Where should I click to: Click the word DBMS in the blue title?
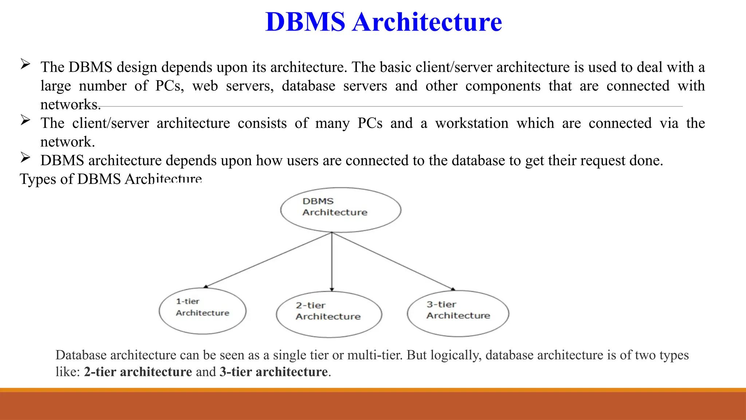pyautogui.click(x=305, y=22)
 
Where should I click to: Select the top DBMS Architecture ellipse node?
pyautogui.click(x=341, y=210)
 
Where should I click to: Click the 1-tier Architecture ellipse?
pyautogui.click(x=203, y=311)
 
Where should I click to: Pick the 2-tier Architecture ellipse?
pyautogui.click(x=329, y=314)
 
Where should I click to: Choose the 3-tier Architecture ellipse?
pyautogui.click(x=458, y=313)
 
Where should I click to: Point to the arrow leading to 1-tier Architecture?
pyautogui.click(x=268, y=260)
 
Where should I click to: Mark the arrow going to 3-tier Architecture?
pyautogui.click(x=393, y=261)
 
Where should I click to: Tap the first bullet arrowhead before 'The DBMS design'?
pyautogui.click(x=25, y=65)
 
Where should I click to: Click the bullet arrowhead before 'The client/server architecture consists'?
pyautogui.click(x=25, y=120)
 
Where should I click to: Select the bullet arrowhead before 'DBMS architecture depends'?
pyautogui.click(x=25, y=157)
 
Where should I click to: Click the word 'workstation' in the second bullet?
pyautogui.click(x=472, y=123)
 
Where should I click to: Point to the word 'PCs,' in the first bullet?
pyautogui.click(x=170, y=86)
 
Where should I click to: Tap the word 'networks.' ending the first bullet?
pyautogui.click(x=70, y=105)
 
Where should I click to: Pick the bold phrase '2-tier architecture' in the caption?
pyautogui.click(x=138, y=372)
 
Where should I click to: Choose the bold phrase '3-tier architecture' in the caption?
pyautogui.click(x=274, y=372)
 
